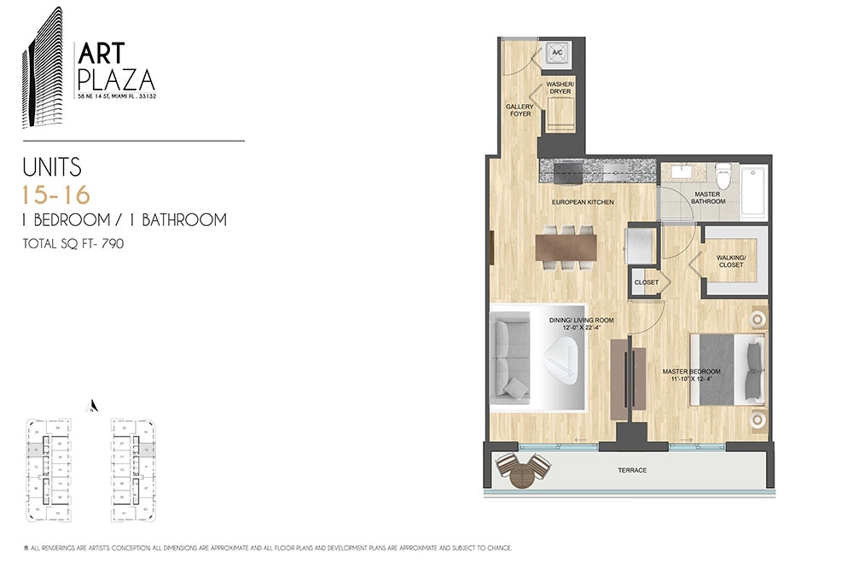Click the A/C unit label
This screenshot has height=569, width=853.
click(558, 53)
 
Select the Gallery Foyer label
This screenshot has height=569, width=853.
click(519, 110)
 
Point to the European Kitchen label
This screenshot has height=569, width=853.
click(583, 201)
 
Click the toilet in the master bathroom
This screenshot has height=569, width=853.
click(723, 177)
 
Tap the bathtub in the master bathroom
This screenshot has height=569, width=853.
click(753, 193)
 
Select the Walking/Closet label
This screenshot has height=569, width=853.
click(731, 260)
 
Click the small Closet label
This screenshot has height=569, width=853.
click(646, 282)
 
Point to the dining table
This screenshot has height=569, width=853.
click(566, 247)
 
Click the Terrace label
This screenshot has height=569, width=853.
click(632, 470)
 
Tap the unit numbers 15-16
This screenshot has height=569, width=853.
click(56, 195)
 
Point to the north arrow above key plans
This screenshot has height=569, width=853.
click(95, 405)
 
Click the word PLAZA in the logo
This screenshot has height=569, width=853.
click(116, 81)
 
